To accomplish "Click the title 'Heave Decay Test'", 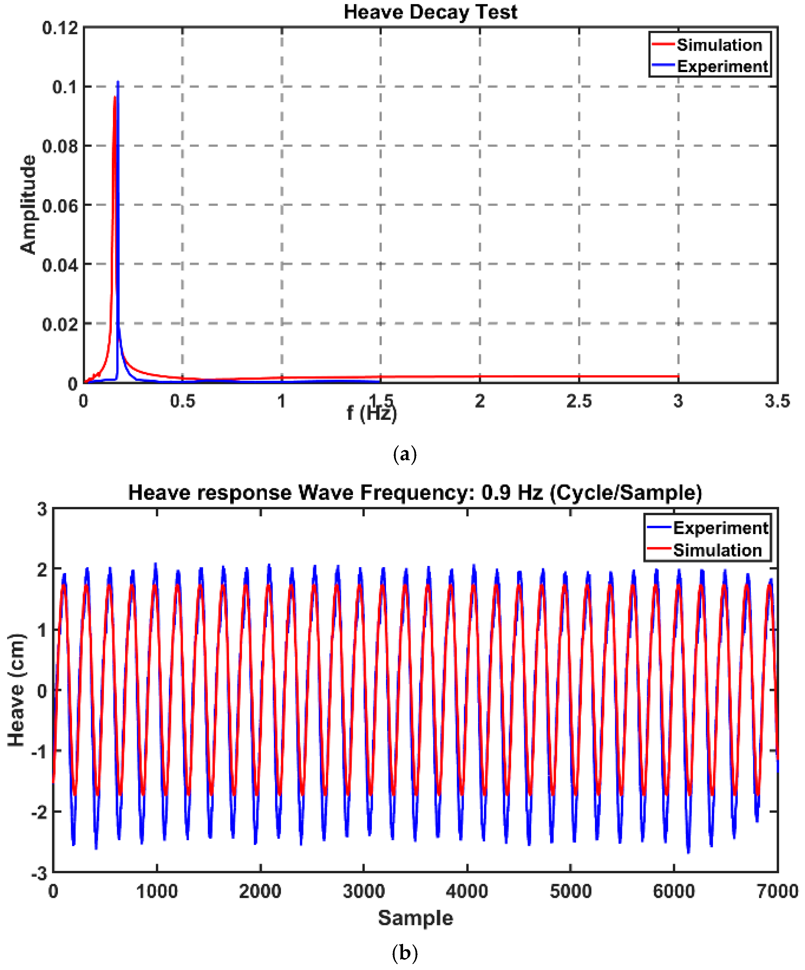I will tap(430, 12).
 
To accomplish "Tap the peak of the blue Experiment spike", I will tap(118, 82).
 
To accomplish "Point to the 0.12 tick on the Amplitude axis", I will tap(60, 28).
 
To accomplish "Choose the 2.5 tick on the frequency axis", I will tap(579, 401).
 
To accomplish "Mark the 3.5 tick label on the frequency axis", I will tap(777, 401).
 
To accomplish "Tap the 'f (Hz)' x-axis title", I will tap(372, 412).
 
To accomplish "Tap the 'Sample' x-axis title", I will tap(415, 918).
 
